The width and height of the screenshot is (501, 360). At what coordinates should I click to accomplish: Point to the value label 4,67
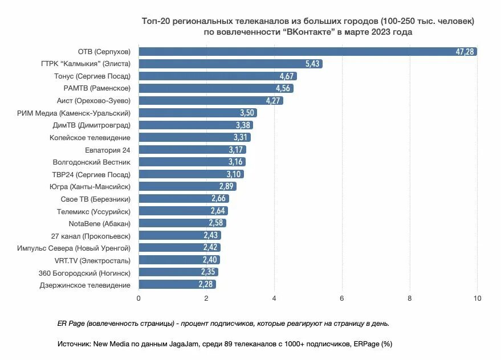coord(287,76)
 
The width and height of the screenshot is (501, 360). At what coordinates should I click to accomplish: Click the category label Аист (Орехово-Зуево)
coord(98,100)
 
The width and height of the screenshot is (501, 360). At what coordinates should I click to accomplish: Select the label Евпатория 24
coord(108,150)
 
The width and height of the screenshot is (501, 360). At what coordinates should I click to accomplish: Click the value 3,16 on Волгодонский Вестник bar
coord(236,162)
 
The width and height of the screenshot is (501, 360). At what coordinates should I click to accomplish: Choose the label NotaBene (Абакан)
coord(100,223)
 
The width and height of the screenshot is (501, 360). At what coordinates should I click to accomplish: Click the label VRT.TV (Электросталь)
coord(92,260)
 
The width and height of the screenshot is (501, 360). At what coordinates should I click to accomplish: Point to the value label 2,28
coord(206,285)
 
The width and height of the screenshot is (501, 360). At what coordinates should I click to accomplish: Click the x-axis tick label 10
coord(477,298)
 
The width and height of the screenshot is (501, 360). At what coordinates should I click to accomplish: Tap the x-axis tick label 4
coord(274,298)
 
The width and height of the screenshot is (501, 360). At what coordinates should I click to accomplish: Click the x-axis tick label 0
coord(139,298)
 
